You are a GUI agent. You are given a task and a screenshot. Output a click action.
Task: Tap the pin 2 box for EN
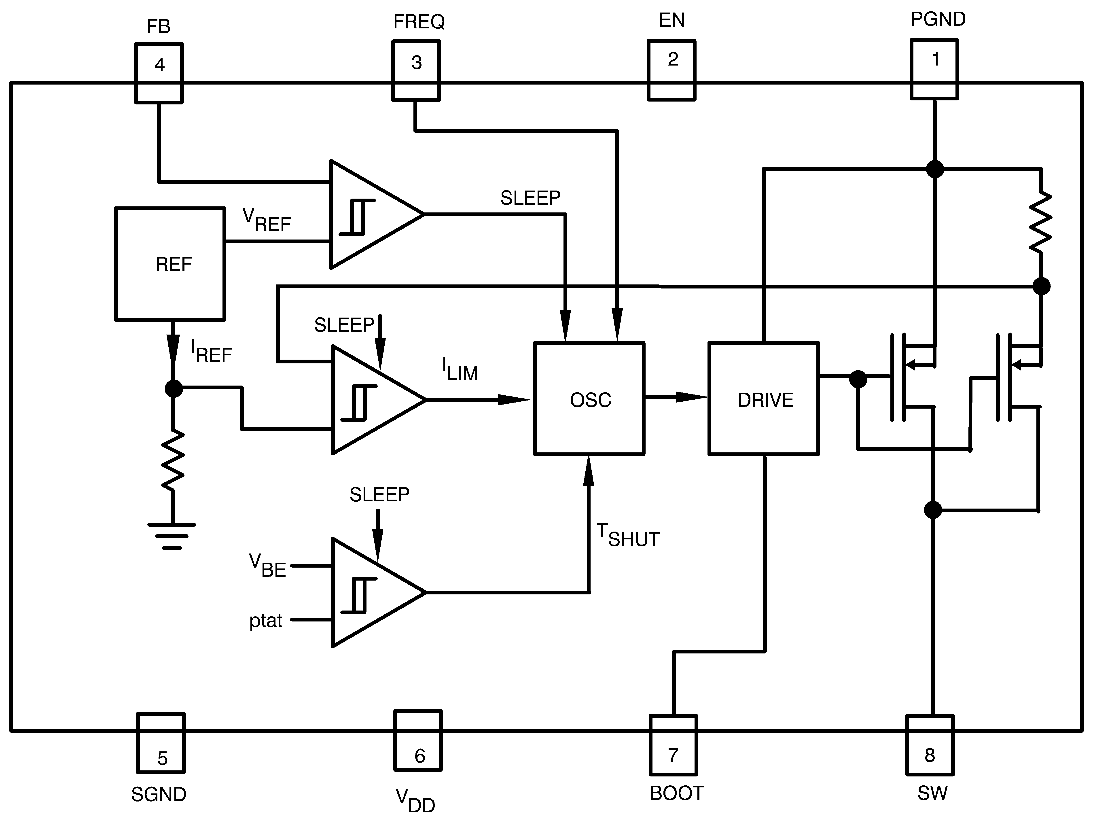coord(671,70)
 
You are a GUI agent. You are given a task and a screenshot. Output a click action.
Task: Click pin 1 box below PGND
coord(934,69)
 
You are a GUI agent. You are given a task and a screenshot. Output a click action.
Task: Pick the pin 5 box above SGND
coord(161,742)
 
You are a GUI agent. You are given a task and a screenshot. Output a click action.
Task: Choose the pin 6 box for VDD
coord(418,740)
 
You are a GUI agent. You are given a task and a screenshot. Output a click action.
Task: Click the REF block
coord(170,264)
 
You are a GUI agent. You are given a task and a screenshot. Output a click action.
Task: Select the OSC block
coord(589,399)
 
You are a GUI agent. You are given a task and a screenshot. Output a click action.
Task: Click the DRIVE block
coord(764,399)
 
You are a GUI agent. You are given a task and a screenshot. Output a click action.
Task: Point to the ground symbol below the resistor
coord(172,535)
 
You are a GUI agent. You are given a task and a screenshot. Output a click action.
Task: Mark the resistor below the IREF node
coord(173,461)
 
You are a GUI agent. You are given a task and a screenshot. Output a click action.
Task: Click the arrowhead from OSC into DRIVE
coord(692,397)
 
